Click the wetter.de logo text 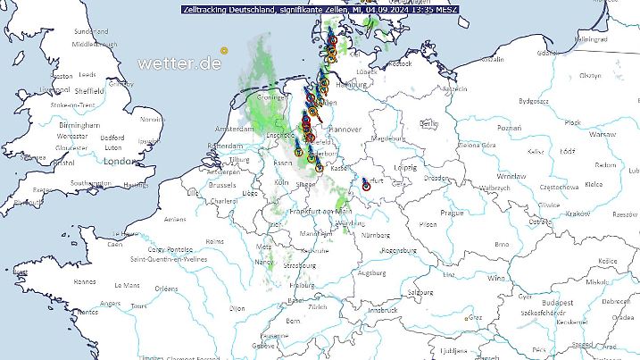179,63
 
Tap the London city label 117,162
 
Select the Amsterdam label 235,130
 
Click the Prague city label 451,213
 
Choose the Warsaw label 603,133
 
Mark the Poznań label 510,128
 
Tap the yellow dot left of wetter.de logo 225,49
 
